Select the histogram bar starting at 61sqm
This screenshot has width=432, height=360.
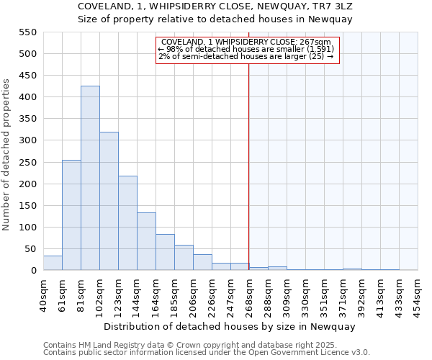click(71, 215)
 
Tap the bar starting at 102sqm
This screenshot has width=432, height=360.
click(109, 202)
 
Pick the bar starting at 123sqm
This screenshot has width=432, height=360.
click(127, 223)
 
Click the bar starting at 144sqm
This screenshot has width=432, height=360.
click(146, 242)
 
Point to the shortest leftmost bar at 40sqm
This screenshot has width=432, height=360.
click(53, 264)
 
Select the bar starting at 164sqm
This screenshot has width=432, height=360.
click(165, 253)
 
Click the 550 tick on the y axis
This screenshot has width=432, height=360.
click(27, 32)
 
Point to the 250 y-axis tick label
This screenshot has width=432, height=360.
click(27, 163)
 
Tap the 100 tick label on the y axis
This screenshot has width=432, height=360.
click(27, 228)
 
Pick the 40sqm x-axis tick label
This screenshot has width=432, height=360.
click(43, 293)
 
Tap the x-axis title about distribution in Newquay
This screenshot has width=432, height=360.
click(230, 326)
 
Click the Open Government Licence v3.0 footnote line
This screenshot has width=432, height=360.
click(206, 353)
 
